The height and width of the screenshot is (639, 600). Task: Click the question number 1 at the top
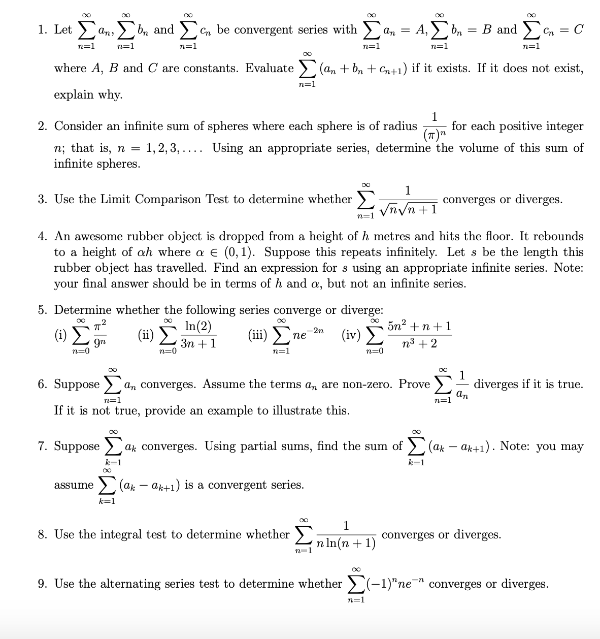[x=42, y=29]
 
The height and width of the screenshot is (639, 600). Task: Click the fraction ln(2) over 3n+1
[x=198, y=335]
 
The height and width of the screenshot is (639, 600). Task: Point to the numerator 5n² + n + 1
[x=419, y=326]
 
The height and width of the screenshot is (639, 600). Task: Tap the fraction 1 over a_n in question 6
[x=462, y=385]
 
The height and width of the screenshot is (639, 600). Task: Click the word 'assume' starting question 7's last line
[x=74, y=485]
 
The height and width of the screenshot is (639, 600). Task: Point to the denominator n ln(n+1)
[x=346, y=544]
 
